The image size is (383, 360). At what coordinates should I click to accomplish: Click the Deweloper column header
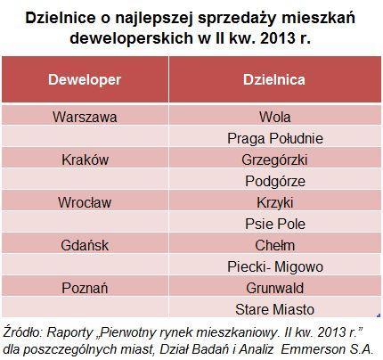click(x=85, y=79)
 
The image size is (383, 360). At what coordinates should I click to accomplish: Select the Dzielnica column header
click(x=274, y=79)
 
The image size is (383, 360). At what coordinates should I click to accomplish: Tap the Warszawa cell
click(x=85, y=117)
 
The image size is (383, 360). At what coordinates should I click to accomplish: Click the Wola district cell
click(x=274, y=117)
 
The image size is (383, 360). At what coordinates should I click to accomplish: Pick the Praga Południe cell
click(x=275, y=138)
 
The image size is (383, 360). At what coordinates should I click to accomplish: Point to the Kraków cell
click(x=85, y=160)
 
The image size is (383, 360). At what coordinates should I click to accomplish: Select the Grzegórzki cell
click(x=274, y=160)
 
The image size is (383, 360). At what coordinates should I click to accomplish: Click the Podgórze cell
click(x=275, y=181)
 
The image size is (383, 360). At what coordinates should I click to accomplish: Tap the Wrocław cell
click(x=85, y=202)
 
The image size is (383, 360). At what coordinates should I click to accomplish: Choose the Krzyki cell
click(x=275, y=203)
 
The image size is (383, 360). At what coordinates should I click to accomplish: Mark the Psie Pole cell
click(x=275, y=224)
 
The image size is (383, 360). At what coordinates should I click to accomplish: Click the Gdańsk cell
click(x=85, y=245)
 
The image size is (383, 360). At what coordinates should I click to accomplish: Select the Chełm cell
click(x=275, y=245)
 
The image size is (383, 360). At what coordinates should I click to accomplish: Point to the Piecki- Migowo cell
click(x=275, y=266)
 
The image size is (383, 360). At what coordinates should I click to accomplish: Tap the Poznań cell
click(x=85, y=288)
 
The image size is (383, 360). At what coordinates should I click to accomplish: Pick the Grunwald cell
click(x=274, y=288)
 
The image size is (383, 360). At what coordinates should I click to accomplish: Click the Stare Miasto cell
click(x=274, y=309)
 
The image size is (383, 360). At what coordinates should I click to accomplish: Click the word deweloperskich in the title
click(x=131, y=38)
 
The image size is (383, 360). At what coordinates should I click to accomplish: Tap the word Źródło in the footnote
click(x=22, y=332)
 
